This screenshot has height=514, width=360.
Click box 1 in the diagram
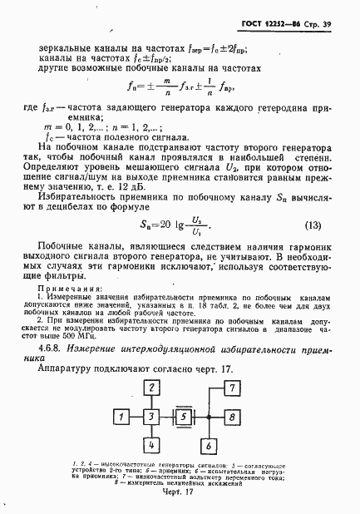pyautogui.click(x=121, y=415)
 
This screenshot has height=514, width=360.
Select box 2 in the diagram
pyautogui.click(x=151, y=388)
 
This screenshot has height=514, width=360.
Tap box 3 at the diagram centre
pyautogui.click(x=151, y=415)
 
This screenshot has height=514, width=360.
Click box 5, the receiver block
pyautogui.click(x=183, y=415)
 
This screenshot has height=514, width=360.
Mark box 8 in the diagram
pyautogui.click(x=232, y=415)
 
